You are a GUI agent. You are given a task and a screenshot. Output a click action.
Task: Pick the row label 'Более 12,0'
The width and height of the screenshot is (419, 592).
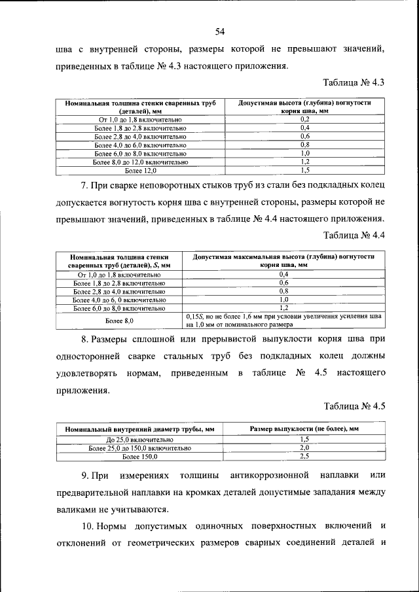pos(141,170)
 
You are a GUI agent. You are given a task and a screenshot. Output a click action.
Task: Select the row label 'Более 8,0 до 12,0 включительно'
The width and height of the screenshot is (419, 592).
pos(141,162)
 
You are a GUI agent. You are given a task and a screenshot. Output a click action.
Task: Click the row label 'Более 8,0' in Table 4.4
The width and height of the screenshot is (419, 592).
pos(119,321)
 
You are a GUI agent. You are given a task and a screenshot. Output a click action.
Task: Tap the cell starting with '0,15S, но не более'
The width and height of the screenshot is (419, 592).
pos(283,320)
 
